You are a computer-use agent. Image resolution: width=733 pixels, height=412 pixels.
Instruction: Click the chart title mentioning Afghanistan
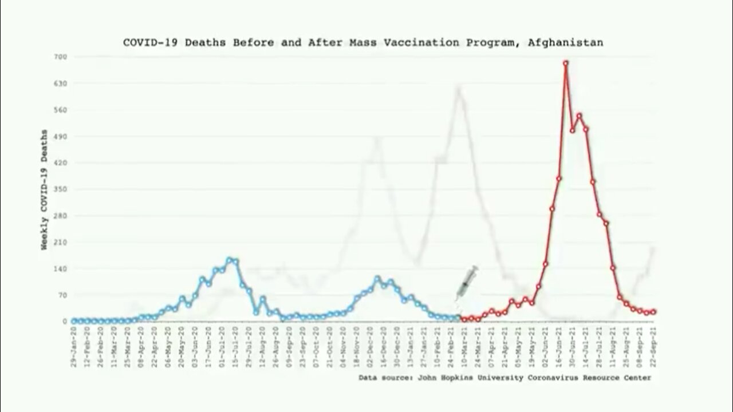point(363,42)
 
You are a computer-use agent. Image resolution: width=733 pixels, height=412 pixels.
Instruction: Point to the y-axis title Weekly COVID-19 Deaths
point(44,189)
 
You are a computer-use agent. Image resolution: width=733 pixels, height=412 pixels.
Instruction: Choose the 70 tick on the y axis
point(63,295)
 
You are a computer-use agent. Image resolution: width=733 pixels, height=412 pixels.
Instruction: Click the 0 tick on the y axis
point(65,322)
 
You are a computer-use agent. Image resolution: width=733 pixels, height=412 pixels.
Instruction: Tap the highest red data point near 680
point(566,63)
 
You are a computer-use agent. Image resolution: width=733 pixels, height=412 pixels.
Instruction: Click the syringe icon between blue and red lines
point(467,282)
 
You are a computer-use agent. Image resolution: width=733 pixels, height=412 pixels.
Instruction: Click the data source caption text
point(505,378)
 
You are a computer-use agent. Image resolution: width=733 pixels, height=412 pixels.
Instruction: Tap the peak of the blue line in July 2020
point(229,259)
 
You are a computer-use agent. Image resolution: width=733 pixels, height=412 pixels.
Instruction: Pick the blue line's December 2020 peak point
point(377,279)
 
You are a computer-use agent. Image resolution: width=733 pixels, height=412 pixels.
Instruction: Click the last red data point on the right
point(653,312)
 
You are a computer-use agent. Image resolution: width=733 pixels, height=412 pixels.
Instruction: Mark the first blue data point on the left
point(74,321)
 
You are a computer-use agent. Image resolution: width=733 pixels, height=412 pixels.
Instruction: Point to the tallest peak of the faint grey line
point(459,88)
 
